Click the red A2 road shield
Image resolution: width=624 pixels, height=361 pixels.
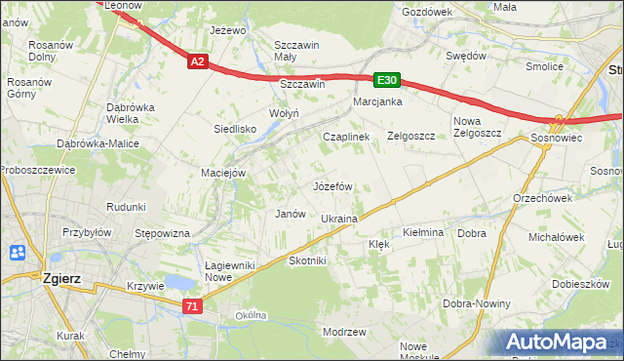(x=197, y=61)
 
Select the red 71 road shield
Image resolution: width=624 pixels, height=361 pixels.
(x=192, y=306)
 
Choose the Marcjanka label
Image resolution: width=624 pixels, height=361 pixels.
(x=378, y=101)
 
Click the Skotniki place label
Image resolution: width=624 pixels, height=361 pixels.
(x=308, y=261)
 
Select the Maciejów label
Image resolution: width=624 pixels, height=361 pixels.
(x=222, y=174)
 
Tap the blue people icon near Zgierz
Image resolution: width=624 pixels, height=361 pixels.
(x=17, y=253)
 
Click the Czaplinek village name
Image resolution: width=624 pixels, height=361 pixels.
(x=346, y=137)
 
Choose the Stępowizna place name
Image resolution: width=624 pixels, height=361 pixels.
(x=162, y=233)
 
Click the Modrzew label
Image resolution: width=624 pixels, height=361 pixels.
(x=343, y=332)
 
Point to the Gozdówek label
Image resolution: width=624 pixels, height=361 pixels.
(x=427, y=12)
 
